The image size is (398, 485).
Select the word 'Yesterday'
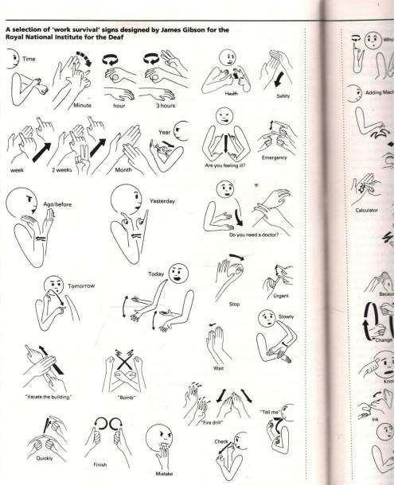pyautogui.click(x=163, y=202)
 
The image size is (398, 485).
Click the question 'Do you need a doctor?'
pyautogui.click(x=255, y=235)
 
